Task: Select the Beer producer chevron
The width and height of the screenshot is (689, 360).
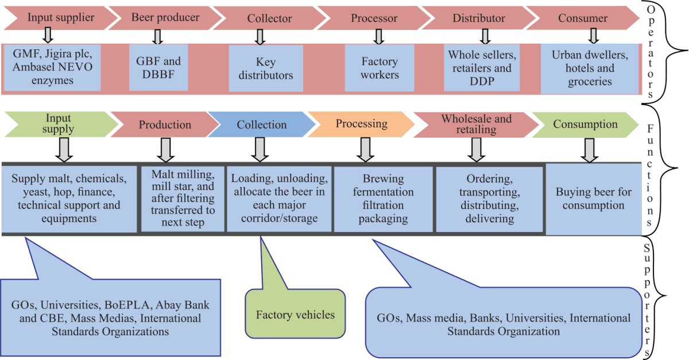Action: tap(165, 18)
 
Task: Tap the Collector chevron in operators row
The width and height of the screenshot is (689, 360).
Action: tap(269, 18)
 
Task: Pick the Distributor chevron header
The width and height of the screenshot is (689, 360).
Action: tap(478, 18)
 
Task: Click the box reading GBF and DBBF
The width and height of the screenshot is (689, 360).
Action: tap(158, 68)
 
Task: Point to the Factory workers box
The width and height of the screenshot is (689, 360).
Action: tap(379, 68)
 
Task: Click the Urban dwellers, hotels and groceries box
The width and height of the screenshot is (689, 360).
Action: tap(590, 68)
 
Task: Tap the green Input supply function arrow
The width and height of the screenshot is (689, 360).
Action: tap(57, 124)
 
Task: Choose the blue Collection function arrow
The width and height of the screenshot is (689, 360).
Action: tap(262, 125)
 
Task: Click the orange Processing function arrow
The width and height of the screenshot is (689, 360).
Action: tap(362, 124)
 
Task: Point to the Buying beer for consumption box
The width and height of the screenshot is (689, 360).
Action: tap(593, 199)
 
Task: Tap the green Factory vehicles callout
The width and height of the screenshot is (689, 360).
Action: tap(295, 314)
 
